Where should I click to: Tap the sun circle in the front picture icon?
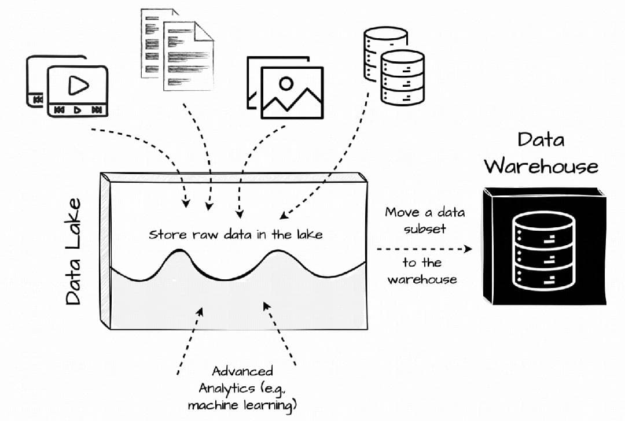[x=286, y=84]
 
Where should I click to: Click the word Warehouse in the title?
[x=541, y=166]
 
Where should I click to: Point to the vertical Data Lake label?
[x=73, y=252]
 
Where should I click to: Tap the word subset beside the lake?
[x=425, y=228]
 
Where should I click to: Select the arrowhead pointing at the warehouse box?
[x=468, y=249]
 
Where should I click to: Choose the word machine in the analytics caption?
[x=214, y=404]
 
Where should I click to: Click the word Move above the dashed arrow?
[x=402, y=212]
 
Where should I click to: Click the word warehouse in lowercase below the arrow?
[x=422, y=280]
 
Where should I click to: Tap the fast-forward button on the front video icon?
[x=97, y=109]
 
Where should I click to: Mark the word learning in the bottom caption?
[x=270, y=405]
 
